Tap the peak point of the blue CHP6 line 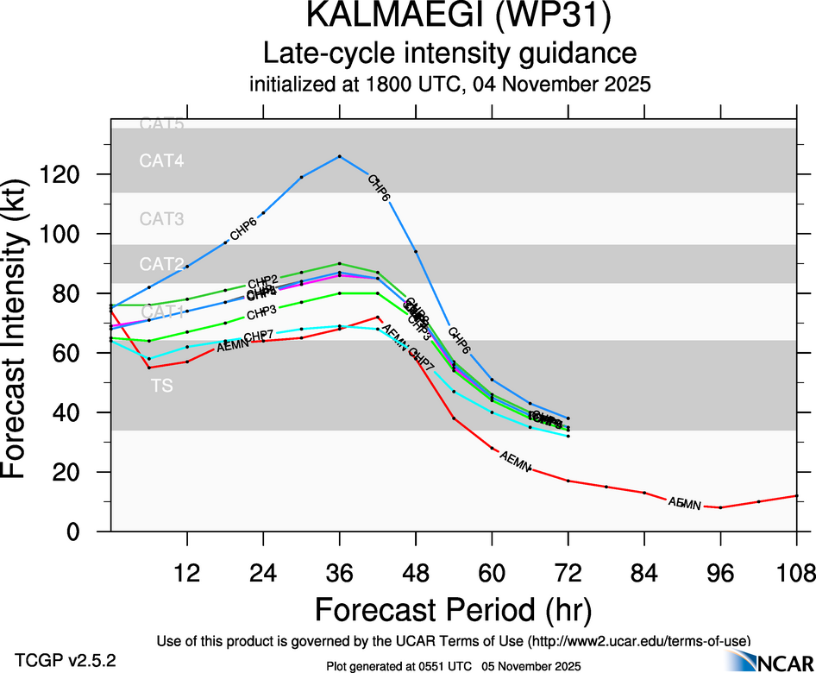coord(340,156)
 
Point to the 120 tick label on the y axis coord(67,174)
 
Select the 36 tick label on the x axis coord(340,572)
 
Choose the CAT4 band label coord(162,160)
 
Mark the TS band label coord(162,387)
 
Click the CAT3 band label coord(162,219)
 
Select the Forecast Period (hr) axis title coord(453,610)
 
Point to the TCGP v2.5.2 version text coord(66,661)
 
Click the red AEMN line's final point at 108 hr coord(796,495)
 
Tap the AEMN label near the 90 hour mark coord(682,502)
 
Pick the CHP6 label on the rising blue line coord(243,230)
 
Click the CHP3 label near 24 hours coord(261,311)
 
